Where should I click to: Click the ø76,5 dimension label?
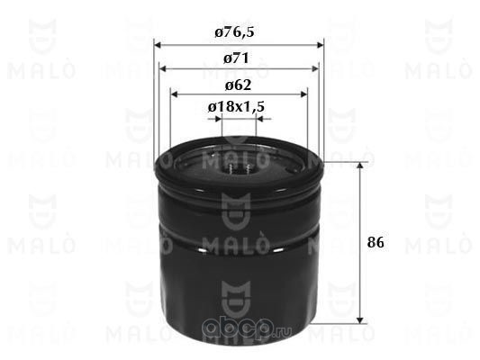pos(234,32)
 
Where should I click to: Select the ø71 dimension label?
pos(236,58)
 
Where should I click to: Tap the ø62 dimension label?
pos(238,85)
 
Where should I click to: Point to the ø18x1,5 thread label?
pos(236,107)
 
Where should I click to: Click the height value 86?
pos(376,242)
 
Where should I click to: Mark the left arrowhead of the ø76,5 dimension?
pos(158,45)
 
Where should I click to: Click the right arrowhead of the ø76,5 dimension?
pos(321,45)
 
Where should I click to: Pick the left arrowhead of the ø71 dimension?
pos(162,68)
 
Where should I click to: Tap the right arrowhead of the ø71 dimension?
pos(315,68)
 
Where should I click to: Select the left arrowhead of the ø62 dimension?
pos(174,94)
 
